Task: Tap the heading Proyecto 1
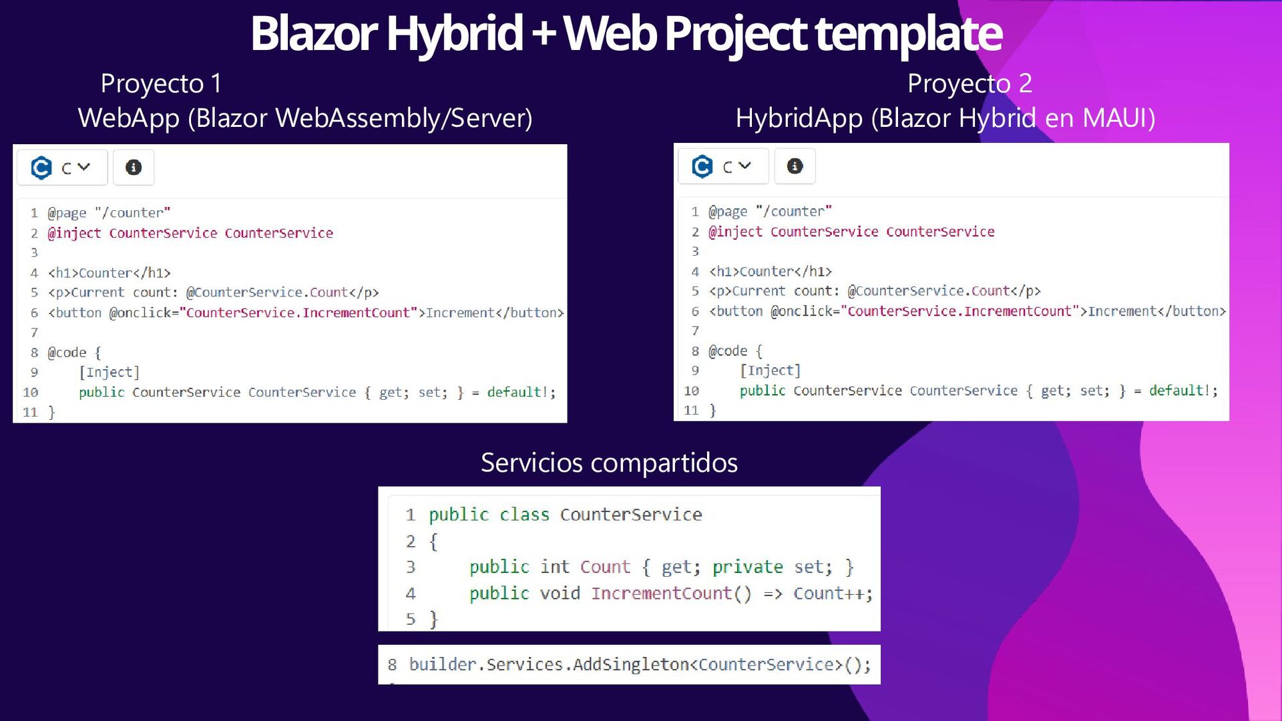[161, 84]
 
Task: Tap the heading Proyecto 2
[970, 84]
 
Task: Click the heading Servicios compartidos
[609, 463]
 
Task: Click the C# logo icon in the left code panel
[41, 168]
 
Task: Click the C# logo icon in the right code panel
[702, 166]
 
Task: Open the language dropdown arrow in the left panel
[83, 167]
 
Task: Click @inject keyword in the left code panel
[74, 233]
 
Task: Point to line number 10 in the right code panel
[691, 391]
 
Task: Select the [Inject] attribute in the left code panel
[109, 372]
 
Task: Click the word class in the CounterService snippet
[524, 515]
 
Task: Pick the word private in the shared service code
[747, 567]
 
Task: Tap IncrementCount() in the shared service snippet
[670, 593]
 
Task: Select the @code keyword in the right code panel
[728, 351]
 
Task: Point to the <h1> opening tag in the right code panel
[724, 272]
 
